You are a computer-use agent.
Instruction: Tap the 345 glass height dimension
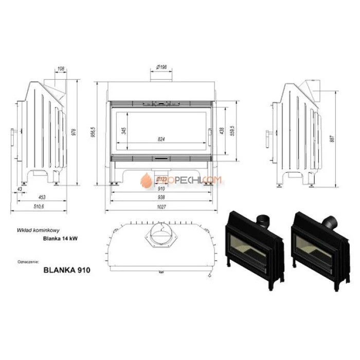coord(124,131)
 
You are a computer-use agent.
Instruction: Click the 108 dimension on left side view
coord(61,68)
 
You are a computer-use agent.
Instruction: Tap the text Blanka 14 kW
coord(58,238)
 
